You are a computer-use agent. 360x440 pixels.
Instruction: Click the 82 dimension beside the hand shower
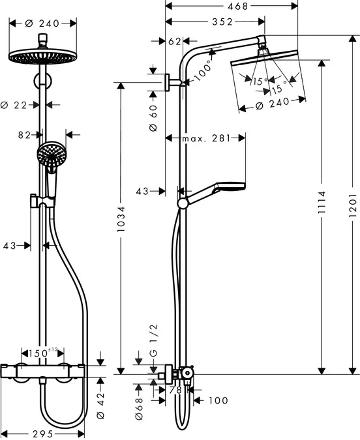(24, 136)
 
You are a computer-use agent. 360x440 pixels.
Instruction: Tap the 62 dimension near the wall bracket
(174, 41)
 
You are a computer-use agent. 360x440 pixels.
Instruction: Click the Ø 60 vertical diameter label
(153, 118)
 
